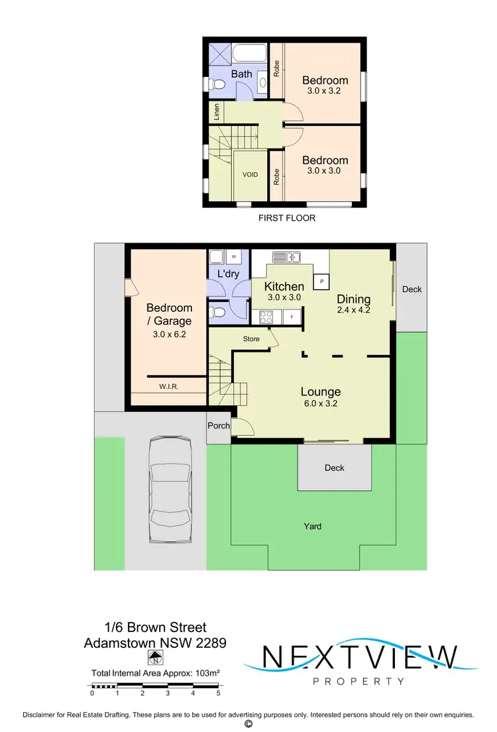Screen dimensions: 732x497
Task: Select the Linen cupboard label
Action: (217, 112)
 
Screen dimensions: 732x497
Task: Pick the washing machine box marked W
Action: (233, 256)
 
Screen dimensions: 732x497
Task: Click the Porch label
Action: (219, 426)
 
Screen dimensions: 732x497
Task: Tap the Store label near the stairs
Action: (251, 339)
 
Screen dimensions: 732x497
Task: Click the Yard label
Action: (313, 526)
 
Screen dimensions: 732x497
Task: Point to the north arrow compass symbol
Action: (156, 658)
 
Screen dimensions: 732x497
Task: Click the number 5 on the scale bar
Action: (218, 694)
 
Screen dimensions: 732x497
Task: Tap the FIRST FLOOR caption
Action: (287, 218)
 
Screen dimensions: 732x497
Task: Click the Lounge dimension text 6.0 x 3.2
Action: (321, 403)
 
